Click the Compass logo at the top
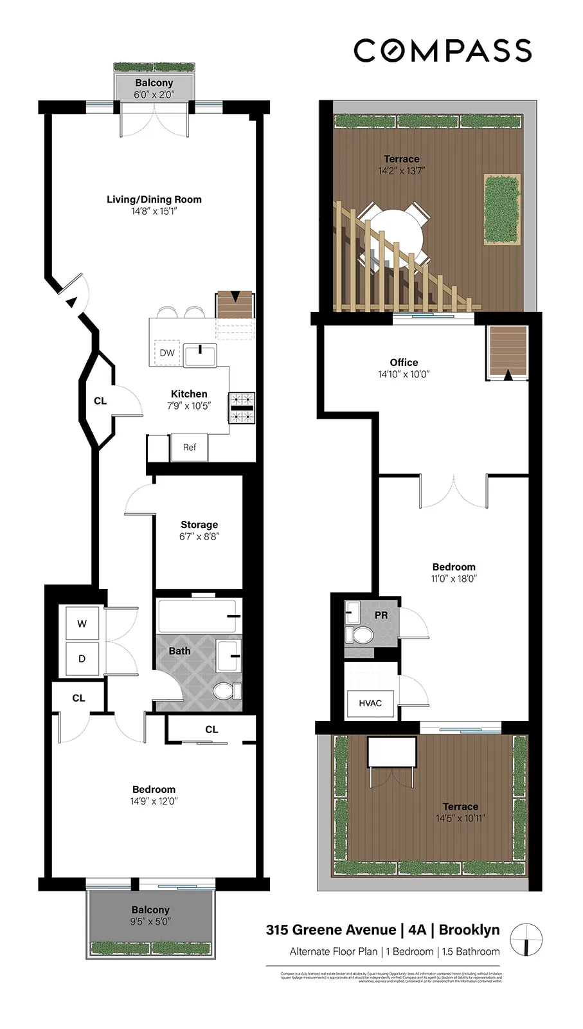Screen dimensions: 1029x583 click(442, 51)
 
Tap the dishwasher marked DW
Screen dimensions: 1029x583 click(167, 352)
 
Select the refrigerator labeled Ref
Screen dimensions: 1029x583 click(189, 447)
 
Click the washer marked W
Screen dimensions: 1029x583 click(82, 623)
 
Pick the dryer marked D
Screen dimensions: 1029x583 click(82, 659)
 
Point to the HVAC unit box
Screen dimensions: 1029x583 click(370, 703)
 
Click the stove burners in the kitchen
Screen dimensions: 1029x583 click(242, 408)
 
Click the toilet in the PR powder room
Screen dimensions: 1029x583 click(361, 635)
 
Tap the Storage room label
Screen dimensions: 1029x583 click(199, 525)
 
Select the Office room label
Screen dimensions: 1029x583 click(404, 363)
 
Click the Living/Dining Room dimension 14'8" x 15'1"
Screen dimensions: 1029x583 click(154, 211)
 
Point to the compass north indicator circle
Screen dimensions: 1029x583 click(526, 938)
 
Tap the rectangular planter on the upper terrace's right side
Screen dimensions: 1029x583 click(502, 209)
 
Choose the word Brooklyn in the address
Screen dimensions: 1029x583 click(469, 930)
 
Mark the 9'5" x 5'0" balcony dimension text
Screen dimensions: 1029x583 click(150, 922)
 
